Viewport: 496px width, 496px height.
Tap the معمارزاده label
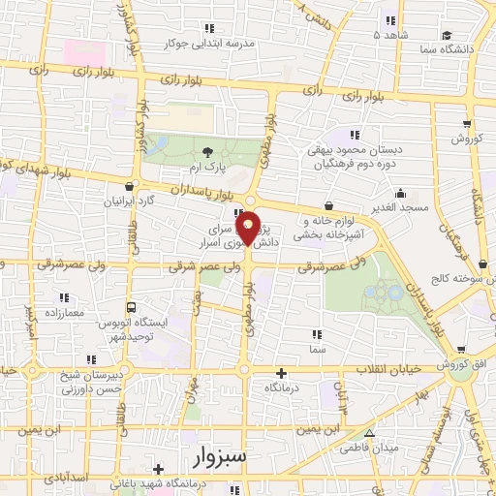click(64, 314)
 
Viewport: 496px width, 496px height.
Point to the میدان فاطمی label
click(367, 449)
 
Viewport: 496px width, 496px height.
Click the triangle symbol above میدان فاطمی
click(368, 433)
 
